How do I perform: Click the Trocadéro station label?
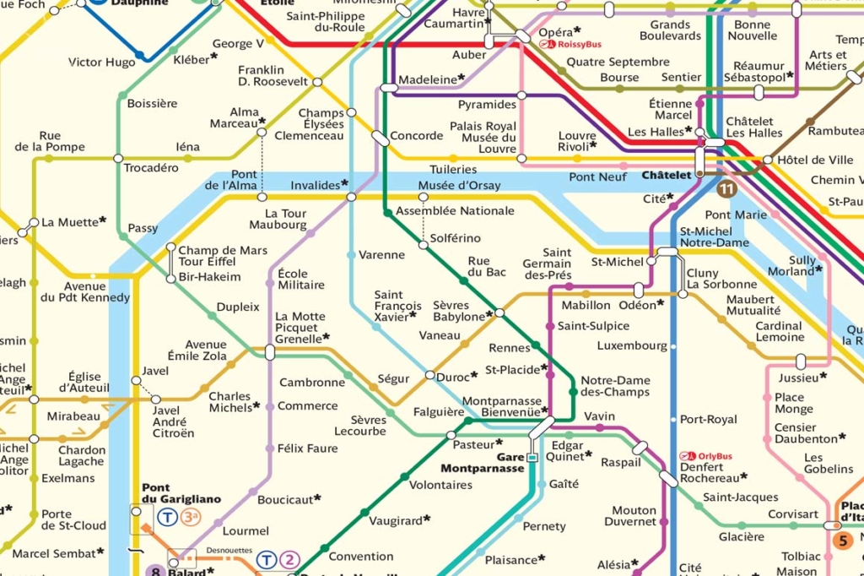(151, 167)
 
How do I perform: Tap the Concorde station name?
(416, 135)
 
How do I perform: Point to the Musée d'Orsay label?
(459, 185)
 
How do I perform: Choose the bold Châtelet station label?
(666, 176)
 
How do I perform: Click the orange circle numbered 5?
(841, 541)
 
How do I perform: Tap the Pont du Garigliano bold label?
(181, 493)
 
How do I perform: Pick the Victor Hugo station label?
(101, 62)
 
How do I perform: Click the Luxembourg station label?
(632, 345)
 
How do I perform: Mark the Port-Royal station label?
(708, 419)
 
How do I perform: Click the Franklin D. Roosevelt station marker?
(317, 82)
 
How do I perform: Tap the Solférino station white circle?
(424, 245)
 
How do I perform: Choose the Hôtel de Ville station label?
(815, 160)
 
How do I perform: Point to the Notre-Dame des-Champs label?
(615, 385)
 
